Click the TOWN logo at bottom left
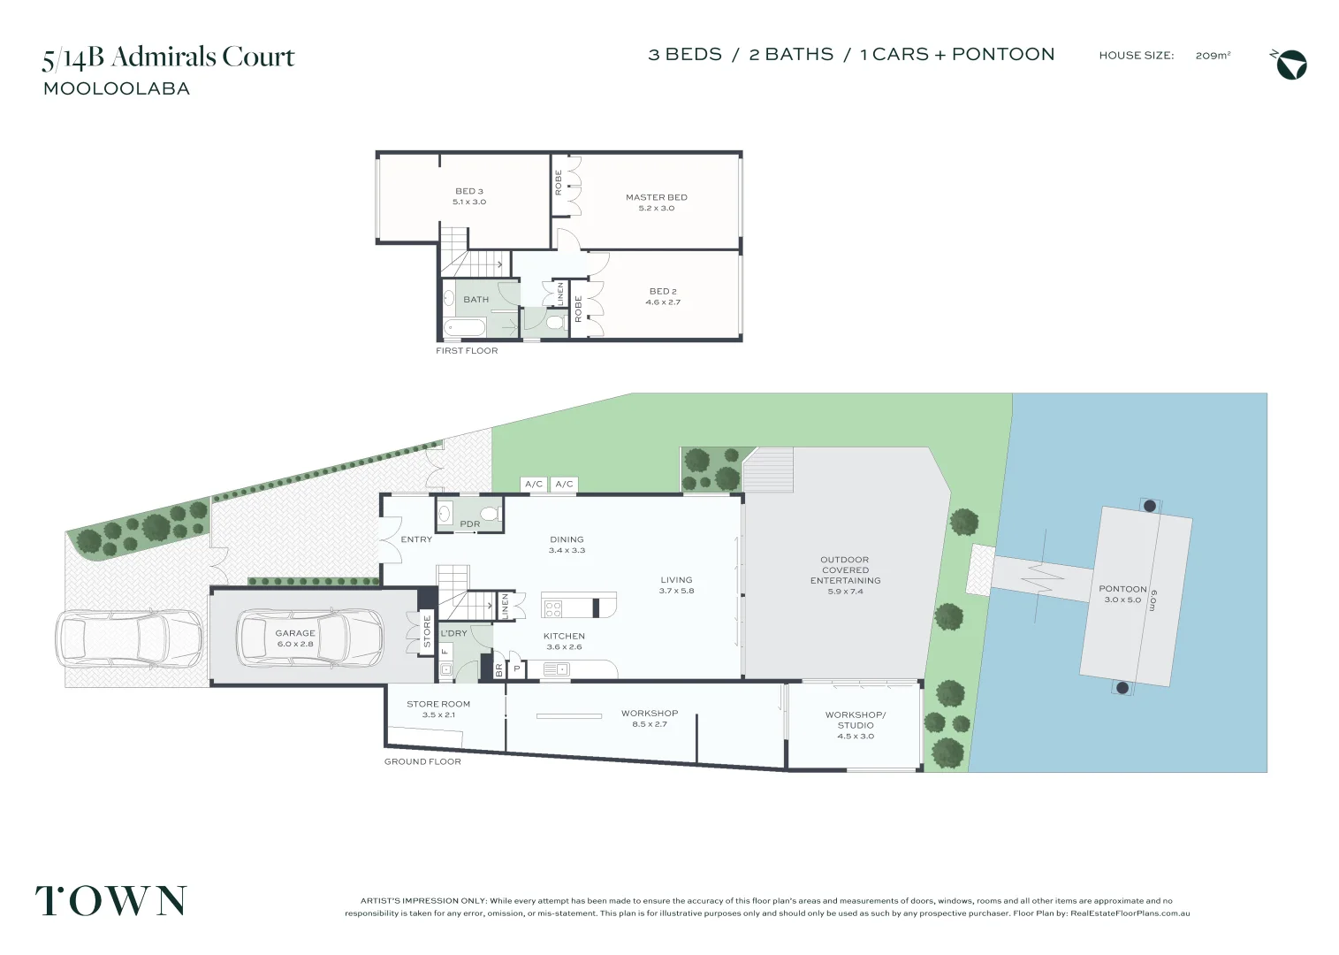click(x=110, y=901)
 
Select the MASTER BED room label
click(x=656, y=202)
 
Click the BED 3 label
click(x=469, y=196)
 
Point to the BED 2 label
click(x=663, y=296)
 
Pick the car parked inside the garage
click(x=309, y=637)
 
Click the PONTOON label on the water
click(x=1122, y=593)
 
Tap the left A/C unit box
click(x=534, y=484)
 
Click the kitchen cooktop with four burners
click(x=553, y=608)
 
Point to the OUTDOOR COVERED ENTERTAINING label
click(x=845, y=575)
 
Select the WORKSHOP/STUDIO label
click(x=855, y=725)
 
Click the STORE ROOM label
click(x=438, y=709)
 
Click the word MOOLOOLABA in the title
click(x=117, y=88)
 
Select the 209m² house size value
click(x=1213, y=56)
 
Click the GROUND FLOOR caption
click(x=422, y=761)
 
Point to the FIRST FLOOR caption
click(x=467, y=351)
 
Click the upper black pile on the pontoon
click(x=1150, y=506)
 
